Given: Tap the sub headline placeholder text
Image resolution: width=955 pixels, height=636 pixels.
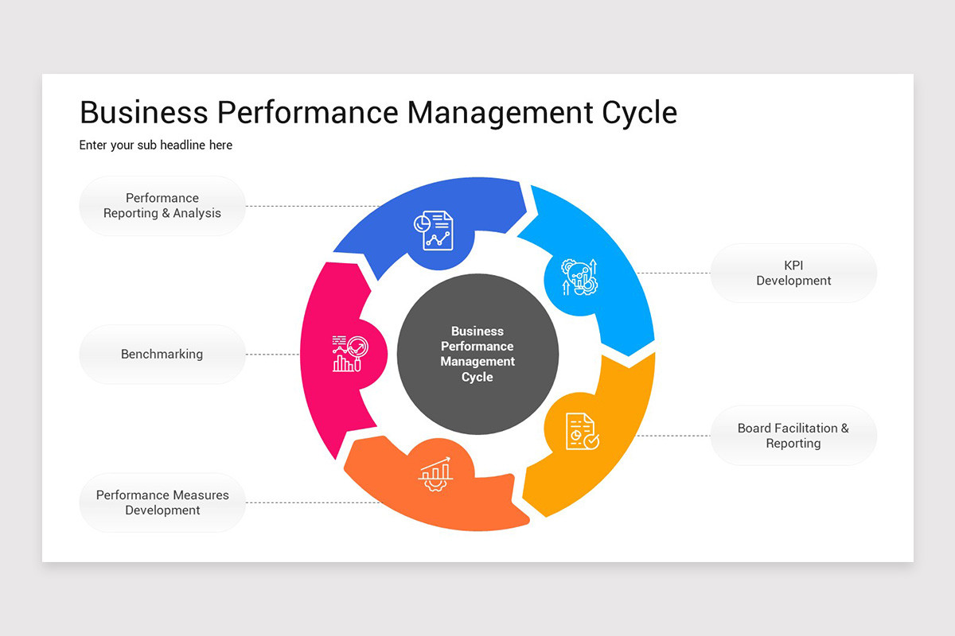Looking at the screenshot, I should click(x=155, y=145).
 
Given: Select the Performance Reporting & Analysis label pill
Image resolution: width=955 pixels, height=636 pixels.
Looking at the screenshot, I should click(x=162, y=206).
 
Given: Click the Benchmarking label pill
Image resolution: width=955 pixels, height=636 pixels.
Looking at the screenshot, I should click(x=162, y=355).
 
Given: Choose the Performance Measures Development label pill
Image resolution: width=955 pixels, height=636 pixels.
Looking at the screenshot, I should click(x=162, y=502).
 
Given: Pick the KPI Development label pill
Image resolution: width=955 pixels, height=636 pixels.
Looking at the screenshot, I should click(x=793, y=273).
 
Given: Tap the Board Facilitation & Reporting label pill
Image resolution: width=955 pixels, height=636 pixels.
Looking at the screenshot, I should click(x=793, y=436).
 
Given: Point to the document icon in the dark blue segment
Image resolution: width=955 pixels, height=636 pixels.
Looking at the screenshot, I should click(x=433, y=231).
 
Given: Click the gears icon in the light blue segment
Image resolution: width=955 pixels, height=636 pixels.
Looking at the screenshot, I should click(x=579, y=277).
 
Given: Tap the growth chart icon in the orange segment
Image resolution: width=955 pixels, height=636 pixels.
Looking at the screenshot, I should click(x=435, y=474).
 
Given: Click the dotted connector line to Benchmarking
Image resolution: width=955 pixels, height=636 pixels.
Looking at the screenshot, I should click(x=272, y=355).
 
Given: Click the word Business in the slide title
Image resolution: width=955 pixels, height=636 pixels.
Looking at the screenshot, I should click(x=144, y=113).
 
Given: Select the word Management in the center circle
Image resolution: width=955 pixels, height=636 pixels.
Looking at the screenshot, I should click(x=477, y=362).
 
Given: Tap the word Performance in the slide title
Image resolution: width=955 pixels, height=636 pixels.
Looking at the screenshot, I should click(x=307, y=113).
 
